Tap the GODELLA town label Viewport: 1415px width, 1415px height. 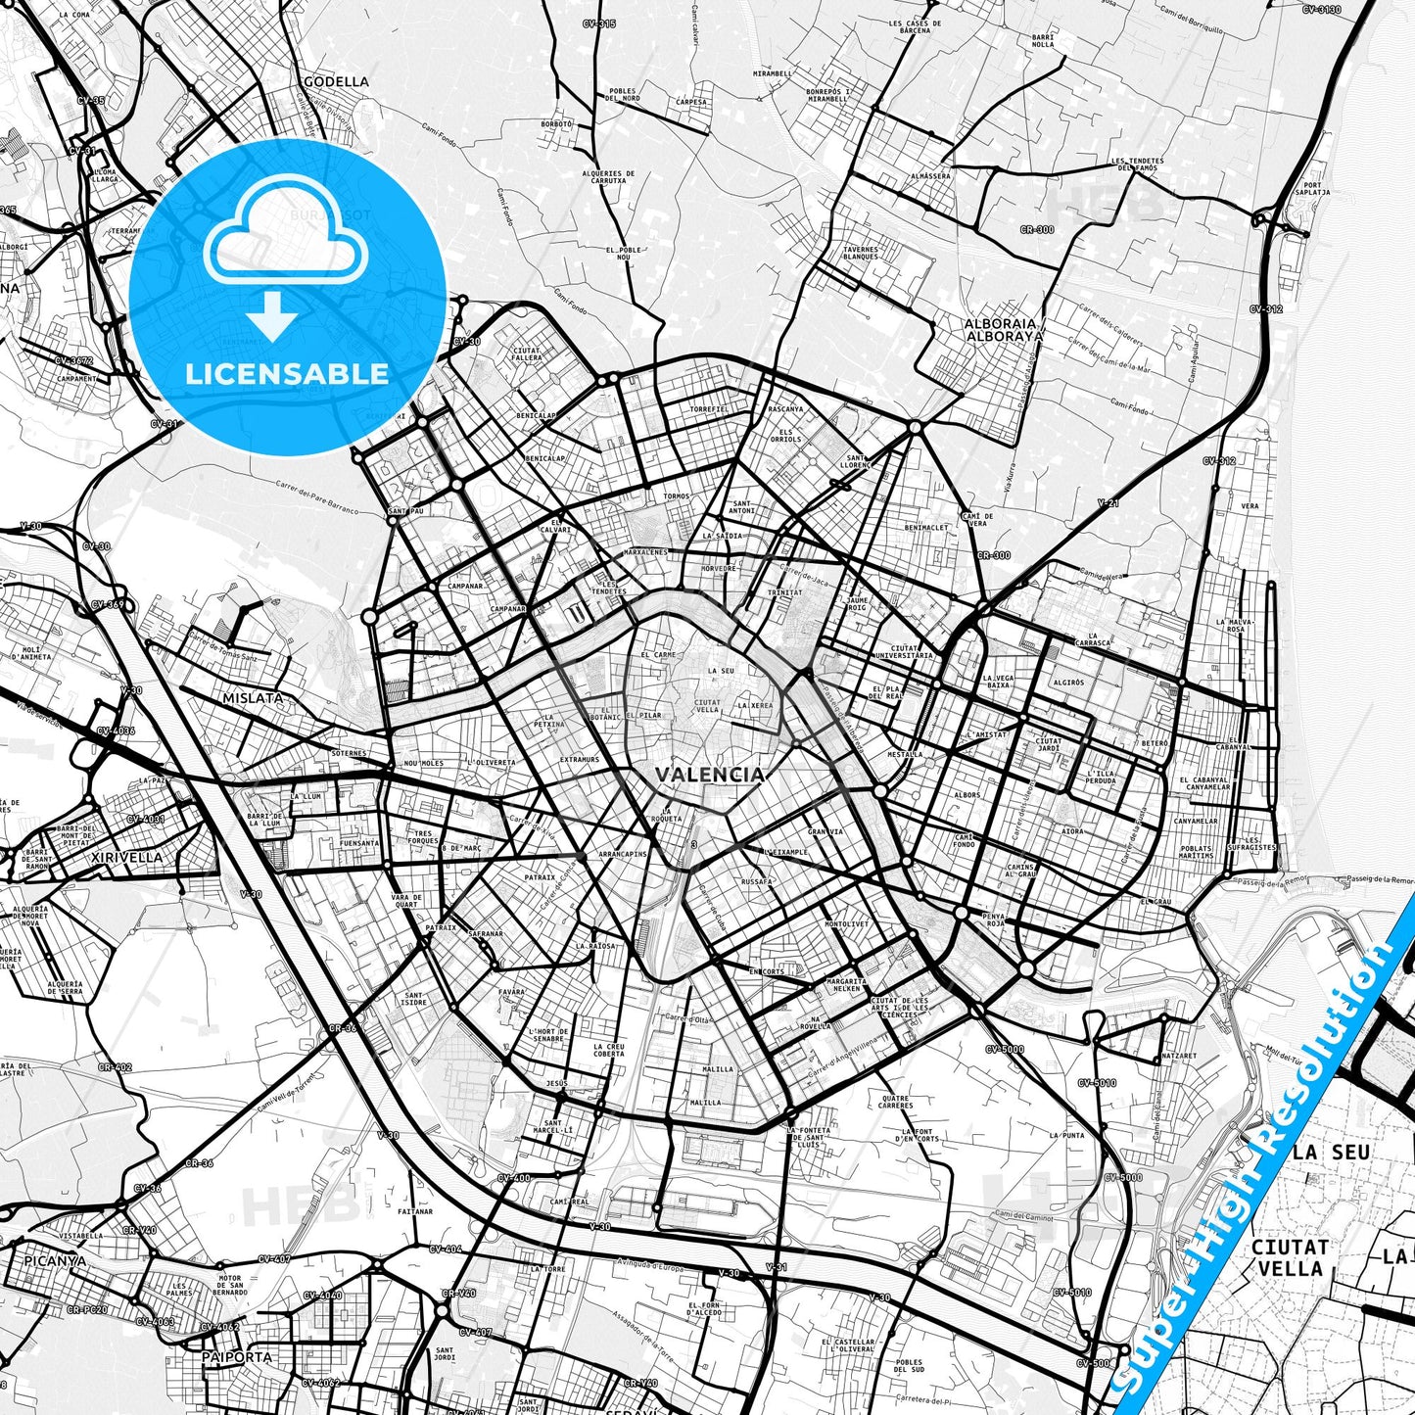[x=336, y=82]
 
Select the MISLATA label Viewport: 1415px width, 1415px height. [x=253, y=698]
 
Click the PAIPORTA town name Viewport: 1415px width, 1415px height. [x=236, y=1357]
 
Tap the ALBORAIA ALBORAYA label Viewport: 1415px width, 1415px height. [x=1004, y=329]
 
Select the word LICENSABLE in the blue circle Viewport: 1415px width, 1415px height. [x=287, y=374]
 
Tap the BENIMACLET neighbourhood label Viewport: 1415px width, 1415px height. [x=926, y=527]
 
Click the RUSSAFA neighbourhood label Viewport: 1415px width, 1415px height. [x=757, y=881]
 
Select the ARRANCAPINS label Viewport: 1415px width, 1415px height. [x=623, y=854]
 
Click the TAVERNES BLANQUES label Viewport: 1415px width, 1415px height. [x=860, y=253]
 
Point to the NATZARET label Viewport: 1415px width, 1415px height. [x=1178, y=1057]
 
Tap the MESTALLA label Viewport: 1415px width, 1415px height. [x=904, y=754]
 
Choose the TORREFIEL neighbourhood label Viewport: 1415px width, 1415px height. [x=708, y=409]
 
